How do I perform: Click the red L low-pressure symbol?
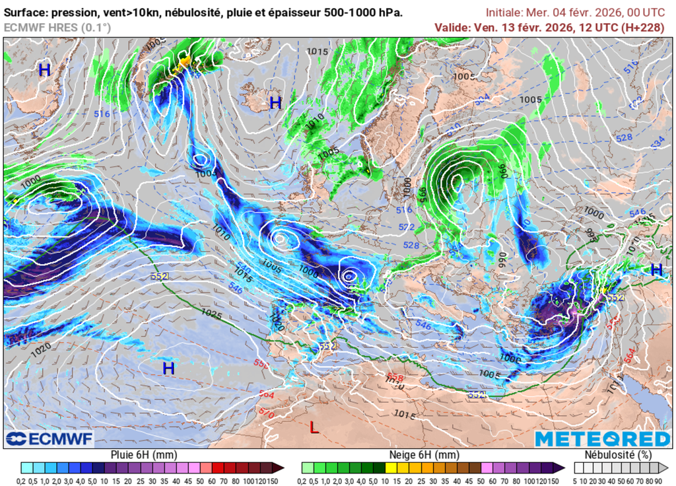(x=314, y=427)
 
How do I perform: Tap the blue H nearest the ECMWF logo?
(x=169, y=368)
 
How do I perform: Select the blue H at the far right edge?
(x=656, y=269)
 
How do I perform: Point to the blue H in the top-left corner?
(x=44, y=69)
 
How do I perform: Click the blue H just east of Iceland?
(x=275, y=102)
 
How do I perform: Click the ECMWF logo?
(x=50, y=438)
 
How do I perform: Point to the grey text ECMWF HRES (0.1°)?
(x=57, y=27)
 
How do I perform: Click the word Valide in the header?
(x=451, y=27)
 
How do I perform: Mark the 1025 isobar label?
(x=211, y=313)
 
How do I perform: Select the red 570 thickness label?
(x=267, y=413)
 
